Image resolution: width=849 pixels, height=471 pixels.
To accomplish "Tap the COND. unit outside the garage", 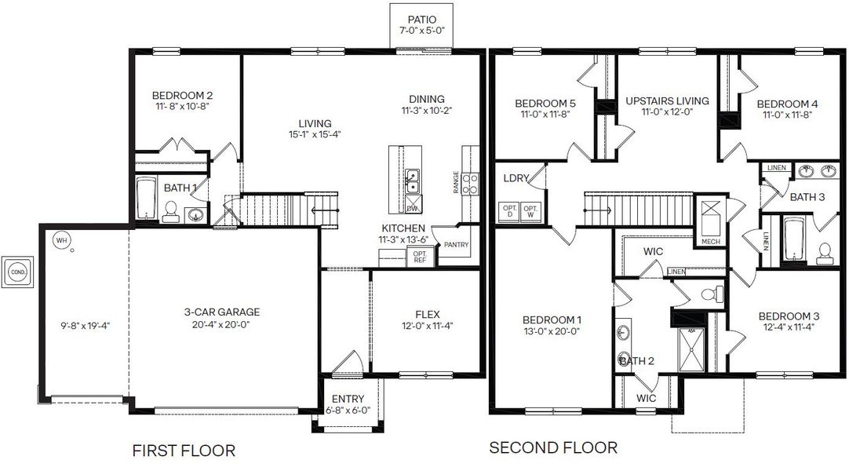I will (17, 271).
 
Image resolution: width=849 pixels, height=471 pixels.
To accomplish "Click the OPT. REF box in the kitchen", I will (419, 256).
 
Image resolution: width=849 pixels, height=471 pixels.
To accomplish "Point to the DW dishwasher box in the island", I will (413, 207).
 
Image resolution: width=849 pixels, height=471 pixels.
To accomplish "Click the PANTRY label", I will (456, 245).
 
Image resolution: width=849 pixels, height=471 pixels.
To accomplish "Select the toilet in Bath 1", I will (169, 210).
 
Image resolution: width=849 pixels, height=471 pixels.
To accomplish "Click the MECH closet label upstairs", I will (710, 241).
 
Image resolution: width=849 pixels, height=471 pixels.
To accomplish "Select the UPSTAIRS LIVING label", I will (667, 101).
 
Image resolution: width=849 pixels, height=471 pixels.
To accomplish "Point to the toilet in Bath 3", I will (824, 252).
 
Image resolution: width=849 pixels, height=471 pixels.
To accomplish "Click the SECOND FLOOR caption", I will (552, 448).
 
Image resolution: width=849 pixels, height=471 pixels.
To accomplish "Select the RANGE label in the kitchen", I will (457, 181).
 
